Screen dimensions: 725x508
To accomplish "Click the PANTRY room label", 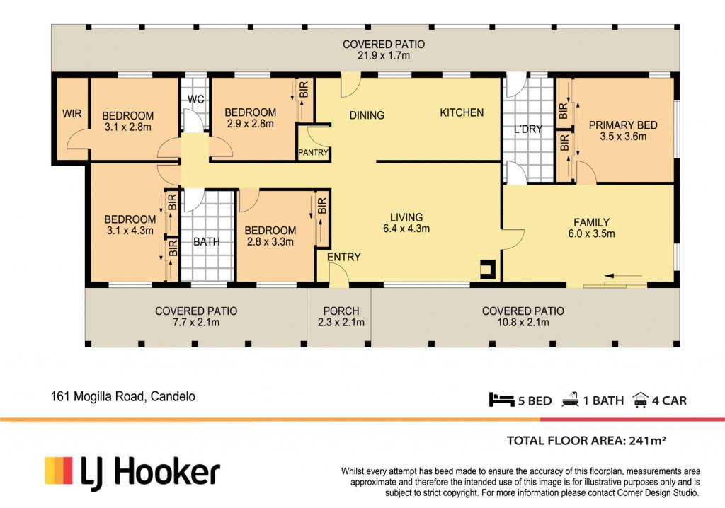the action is (x=313, y=153).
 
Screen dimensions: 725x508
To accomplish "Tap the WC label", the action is (x=195, y=99).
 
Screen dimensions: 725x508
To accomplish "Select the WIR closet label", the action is (x=72, y=114).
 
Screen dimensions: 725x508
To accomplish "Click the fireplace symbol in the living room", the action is (x=488, y=270).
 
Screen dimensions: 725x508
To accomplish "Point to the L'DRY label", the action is (x=528, y=129).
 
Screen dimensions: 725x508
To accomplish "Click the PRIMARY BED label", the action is (x=623, y=125).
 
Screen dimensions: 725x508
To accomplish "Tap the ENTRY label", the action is (x=343, y=257).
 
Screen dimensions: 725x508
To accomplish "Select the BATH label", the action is (x=206, y=242).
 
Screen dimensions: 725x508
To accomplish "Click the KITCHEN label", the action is (x=462, y=112).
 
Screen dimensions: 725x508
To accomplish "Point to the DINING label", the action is (x=367, y=115).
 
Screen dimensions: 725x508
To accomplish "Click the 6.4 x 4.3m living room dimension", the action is (x=406, y=229).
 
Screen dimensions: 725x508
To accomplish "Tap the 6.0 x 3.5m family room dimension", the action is (x=591, y=233).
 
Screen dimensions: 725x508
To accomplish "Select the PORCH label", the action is (x=341, y=311).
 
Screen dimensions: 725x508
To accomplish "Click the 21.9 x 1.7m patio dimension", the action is (x=384, y=55).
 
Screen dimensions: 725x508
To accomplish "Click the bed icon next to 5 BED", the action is (x=502, y=400).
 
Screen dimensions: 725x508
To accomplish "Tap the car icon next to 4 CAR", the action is (x=640, y=400).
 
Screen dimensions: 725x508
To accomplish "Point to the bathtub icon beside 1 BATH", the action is (x=570, y=400).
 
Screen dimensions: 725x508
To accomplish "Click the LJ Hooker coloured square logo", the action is (x=59, y=471).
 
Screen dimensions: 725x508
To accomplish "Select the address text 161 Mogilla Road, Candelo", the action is (x=123, y=397).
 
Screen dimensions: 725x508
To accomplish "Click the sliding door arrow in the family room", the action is (x=623, y=276).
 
